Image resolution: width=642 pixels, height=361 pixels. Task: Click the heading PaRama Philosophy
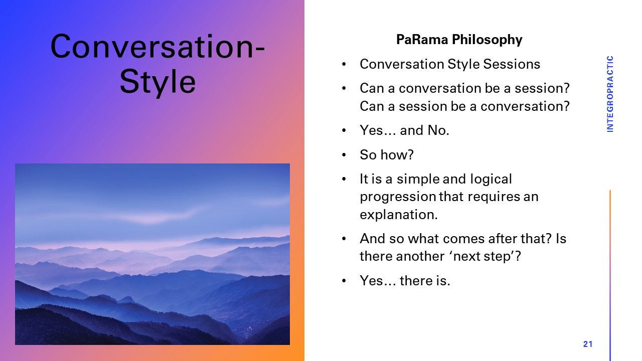[x=459, y=40]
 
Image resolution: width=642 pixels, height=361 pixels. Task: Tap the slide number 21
[x=588, y=344]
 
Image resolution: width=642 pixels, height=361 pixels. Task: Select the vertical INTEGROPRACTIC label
[x=610, y=94]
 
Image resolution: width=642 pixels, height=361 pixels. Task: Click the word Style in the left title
[x=157, y=82]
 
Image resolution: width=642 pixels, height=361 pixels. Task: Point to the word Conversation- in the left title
[x=157, y=46]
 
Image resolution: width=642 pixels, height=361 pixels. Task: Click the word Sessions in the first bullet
[x=512, y=64]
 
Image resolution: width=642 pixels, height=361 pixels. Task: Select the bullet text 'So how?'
[x=387, y=155]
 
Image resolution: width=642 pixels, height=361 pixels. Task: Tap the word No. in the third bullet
[x=438, y=130]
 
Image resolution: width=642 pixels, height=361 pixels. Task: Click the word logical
[x=491, y=179]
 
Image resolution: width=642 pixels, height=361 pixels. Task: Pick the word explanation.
[x=399, y=215]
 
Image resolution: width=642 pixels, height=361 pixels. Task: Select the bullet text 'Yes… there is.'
[x=405, y=280]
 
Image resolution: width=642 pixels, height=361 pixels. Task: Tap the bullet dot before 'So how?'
[x=344, y=155]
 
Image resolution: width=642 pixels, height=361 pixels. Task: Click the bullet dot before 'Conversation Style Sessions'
[x=344, y=64]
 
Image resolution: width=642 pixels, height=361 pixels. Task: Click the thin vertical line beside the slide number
[x=610, y=275]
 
